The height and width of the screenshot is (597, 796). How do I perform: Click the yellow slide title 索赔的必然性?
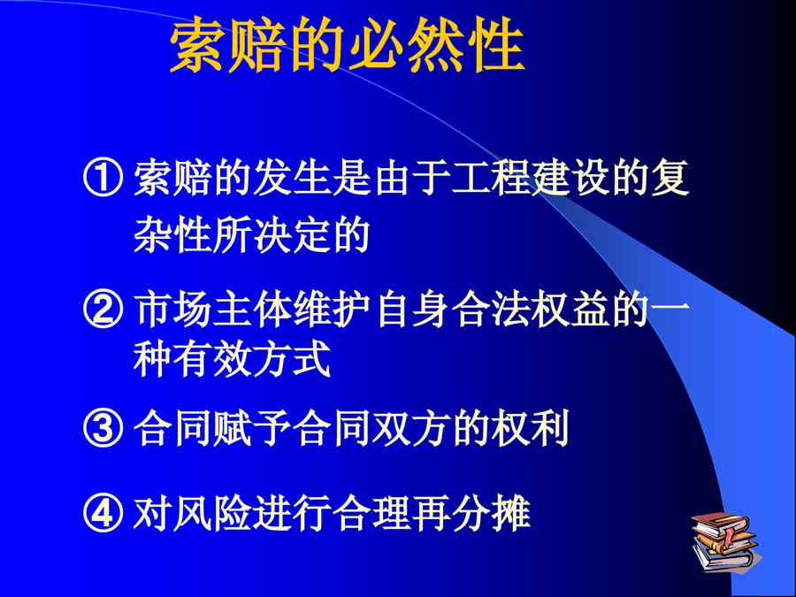348,46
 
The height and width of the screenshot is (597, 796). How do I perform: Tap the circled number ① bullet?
103,179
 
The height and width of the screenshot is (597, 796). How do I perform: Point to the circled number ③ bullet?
103,427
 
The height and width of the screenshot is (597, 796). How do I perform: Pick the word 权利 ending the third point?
531,427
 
